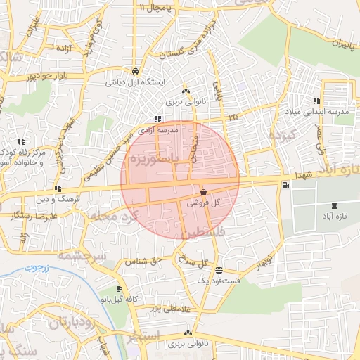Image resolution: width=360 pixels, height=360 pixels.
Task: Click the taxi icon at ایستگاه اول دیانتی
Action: click(x=134, y=71)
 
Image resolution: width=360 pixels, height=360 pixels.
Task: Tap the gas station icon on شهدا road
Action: click(x=285, y=186)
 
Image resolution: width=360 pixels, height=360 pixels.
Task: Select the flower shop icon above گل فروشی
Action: click(x=203, y=191)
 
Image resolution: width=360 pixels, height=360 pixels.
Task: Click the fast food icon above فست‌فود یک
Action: click(x=219, y=270)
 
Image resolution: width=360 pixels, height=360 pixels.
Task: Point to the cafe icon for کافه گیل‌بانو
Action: click(x=119, y=289)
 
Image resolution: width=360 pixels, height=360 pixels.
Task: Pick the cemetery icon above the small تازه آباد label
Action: click(x=333, y=205)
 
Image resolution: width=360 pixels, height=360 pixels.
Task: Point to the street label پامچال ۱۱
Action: click(x=156, y=8)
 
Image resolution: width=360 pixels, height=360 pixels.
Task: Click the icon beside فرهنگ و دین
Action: click(x=58, y=188)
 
